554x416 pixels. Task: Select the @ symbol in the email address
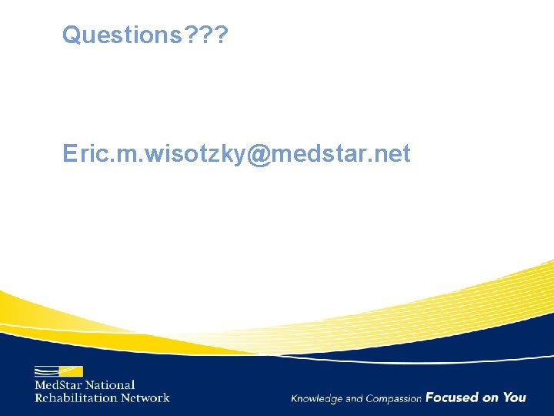259,154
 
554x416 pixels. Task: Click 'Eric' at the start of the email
81,154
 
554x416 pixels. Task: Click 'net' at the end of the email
392,154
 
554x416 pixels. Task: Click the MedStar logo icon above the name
58,371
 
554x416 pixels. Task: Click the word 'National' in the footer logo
110,385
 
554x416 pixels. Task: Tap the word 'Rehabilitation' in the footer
75,398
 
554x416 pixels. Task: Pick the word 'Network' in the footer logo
145,398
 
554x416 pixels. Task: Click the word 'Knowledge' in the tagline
316,398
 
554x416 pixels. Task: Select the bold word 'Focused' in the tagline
452,398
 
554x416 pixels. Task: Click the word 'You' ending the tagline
515,398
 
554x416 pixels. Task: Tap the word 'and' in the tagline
354,398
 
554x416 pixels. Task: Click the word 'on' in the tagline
490,398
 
